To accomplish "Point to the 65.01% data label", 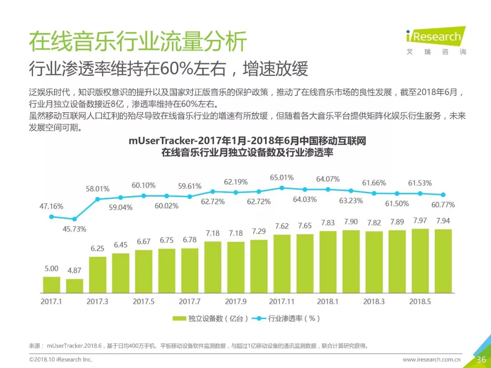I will coord(282,178).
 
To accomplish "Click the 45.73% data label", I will coord(74,229).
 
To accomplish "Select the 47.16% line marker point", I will coord(51,217).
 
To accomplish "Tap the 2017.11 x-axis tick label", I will coord(282,302).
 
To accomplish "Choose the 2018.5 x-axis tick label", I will coord(420,302).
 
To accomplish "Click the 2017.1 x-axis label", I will coord(51,302).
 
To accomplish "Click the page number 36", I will coord(481,359).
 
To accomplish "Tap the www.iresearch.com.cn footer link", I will coord(431,359).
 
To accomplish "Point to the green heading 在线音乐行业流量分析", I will coord(138,42).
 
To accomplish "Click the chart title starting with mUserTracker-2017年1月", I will coord(247,141).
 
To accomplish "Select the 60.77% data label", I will coord(443,205).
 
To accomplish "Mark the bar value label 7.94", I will coord(443,221).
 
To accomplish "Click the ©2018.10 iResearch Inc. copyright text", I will coord(60,359).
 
